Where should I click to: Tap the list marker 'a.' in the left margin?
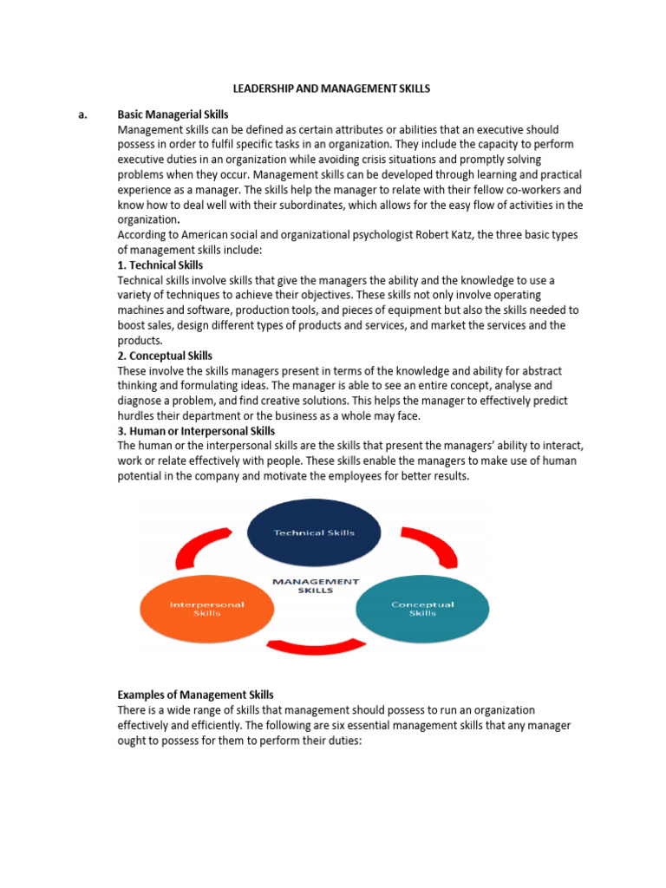(x=83, y=114)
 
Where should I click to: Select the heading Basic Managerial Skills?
(x=173, y=114)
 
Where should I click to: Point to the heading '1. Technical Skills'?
(x=160, y=264)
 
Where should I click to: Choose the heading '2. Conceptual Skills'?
(x=165, y=356)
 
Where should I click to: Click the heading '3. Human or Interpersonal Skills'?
(x=196, y=431)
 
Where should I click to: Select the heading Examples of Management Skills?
(x=195, y=695)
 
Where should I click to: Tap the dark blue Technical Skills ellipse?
(x=313, y=532)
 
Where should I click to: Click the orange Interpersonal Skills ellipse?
(x=206, y=609)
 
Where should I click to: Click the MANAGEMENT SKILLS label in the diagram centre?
(x=316, y=585)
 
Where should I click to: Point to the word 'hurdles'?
(x=137, y=415)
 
